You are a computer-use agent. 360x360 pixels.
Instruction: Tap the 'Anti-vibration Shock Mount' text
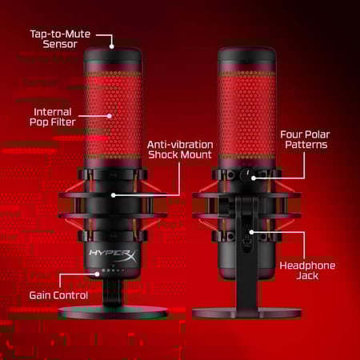[180, 150]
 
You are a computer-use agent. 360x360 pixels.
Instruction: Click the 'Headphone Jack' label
[307, 270]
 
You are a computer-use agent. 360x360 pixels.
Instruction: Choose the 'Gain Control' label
[58, 295]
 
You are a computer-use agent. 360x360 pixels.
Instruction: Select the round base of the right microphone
[247, 312]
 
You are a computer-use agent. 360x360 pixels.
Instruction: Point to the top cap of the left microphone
[112, 58]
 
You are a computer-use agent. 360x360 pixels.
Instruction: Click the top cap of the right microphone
[247, 58]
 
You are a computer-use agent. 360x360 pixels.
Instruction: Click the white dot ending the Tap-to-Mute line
[112, 46]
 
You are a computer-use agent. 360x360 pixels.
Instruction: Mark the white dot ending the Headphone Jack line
[252, 232]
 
